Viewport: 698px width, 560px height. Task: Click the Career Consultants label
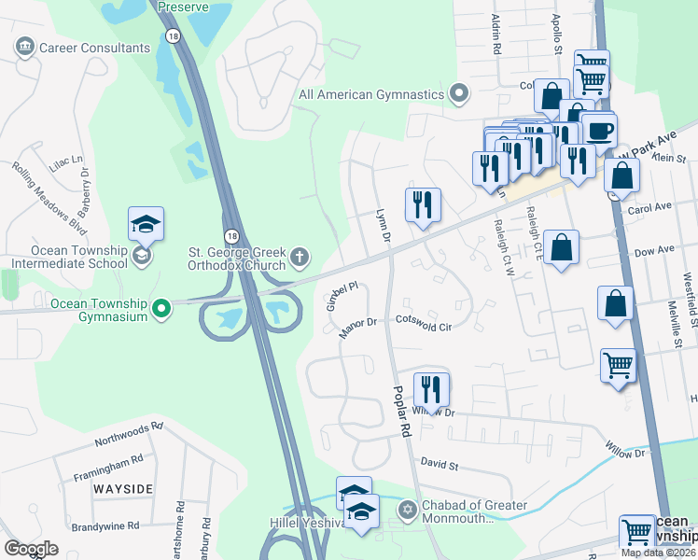pos(94,48)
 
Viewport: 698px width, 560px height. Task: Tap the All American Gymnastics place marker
pos(458,92)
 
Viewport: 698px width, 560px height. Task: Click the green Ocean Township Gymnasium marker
pos(161,306)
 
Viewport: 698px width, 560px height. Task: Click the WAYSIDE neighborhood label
pos(122,489)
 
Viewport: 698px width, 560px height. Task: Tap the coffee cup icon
pos(598,130)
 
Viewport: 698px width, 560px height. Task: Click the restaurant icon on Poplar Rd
pos(431,388)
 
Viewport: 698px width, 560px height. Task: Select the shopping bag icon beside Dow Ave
pos(561,248)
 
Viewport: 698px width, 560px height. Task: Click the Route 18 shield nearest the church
pos(230,236)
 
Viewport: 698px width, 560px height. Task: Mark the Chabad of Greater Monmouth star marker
pos(406,509)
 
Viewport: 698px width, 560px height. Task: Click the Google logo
pos(32,549)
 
